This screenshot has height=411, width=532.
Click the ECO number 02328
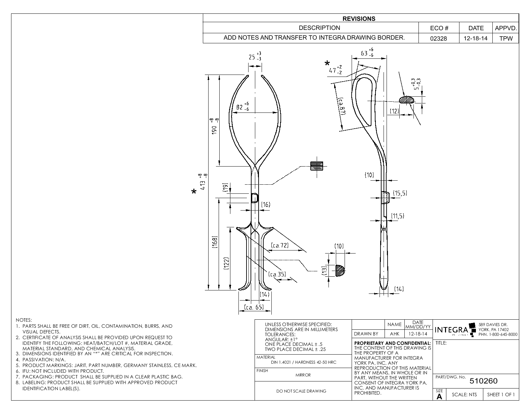[439, 38]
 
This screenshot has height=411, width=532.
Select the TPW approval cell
[506, 38]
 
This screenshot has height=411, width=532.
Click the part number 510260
[483, 381]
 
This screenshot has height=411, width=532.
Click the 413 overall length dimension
[203, 182]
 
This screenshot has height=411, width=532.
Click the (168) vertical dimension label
[215, 242]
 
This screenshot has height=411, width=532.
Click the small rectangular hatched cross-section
[316, 166]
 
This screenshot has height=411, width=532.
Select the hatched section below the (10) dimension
[340, 270]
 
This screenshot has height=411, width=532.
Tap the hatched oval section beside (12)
[407, 99]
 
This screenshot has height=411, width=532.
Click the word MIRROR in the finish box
[303, 375]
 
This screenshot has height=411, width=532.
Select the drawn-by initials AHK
[394, 334]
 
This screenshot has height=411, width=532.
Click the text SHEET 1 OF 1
[501, 395]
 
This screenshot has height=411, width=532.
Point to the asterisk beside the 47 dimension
[327, 63]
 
